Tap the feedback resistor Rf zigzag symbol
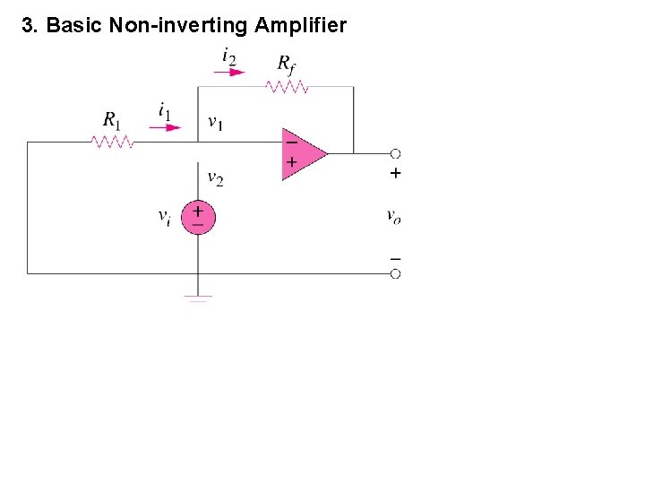coord(287,87)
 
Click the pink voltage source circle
coord(198,217)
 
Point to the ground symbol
coord(198,298)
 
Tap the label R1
coord(112,119)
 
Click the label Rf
coord(287,63)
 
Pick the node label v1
coord(216,122)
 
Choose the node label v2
coord(216,177)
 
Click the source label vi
coord(165,216)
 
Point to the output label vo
coord(394,215)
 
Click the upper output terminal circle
coord(395,153)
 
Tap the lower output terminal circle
coord(395,273)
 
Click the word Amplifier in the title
coord(300,25)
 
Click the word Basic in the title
coord(74,25)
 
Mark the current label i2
coord(229,56)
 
